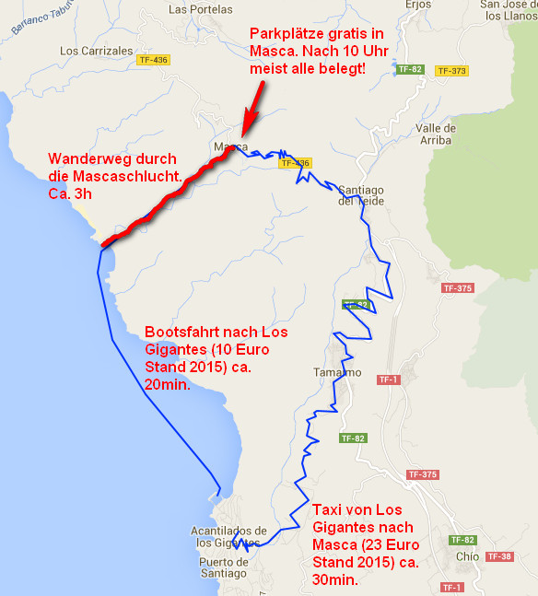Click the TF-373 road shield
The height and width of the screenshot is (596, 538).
point(451,70)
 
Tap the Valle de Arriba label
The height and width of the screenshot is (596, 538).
point(436,134)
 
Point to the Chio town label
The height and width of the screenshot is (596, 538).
point(467,556)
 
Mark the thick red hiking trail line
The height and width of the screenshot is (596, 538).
point(166,200)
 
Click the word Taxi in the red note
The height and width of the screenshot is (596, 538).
point(329,510)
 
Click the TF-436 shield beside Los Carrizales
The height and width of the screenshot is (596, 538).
point(153,60)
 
